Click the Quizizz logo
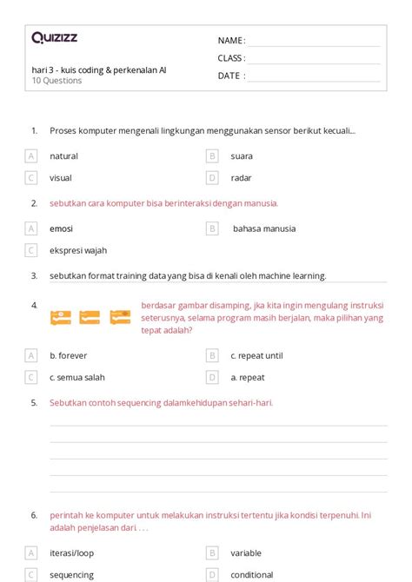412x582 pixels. click(x=54, y=37)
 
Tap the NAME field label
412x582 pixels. click(x=230, y=41)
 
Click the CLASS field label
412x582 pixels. click(x=231, y=58)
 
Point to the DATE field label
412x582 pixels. click(x=230, y=76)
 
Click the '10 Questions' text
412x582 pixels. click(x=56, y=81)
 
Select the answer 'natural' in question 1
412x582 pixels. click(x=63, y=156)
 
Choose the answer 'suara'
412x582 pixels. click(x=243, y=156)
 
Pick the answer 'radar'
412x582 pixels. click(x=241, y=178)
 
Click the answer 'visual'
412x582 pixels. click(x=61, y=178)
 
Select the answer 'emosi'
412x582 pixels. click(x=61, y=228)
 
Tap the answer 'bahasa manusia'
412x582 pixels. click(x=263, y=228)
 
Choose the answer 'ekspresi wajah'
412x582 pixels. click(x=78, y=250)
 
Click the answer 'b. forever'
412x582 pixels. click(x=68, y=355)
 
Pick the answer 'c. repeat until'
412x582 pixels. click(x=256, y=355)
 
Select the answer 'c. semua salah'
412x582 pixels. click(x=76, y=377)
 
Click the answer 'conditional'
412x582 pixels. click(x=252, y=574)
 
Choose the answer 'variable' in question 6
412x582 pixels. click(x=246, y=552)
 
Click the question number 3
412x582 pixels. click(x=34, y=275)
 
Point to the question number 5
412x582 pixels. click(x=34, y=403)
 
